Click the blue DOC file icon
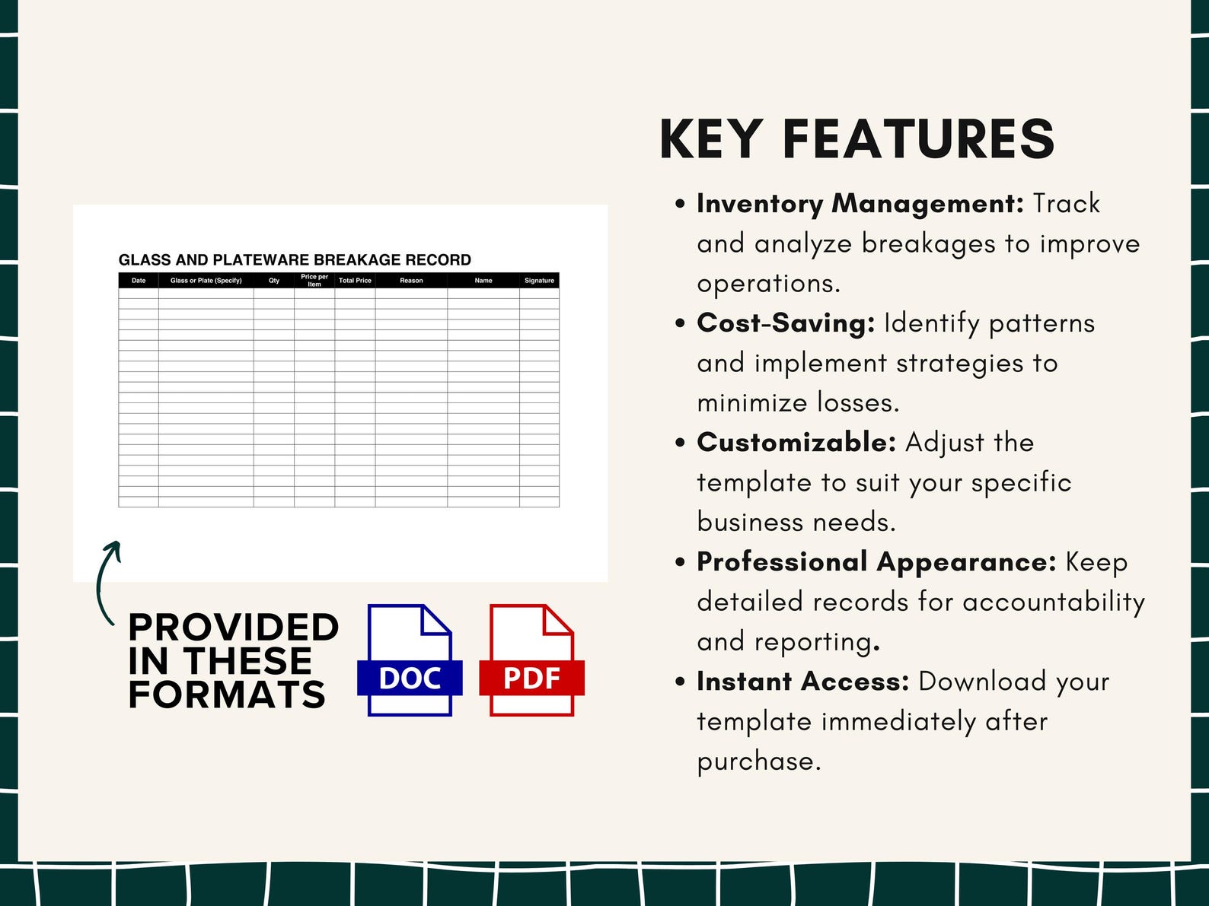410,660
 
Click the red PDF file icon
531,660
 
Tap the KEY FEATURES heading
857,139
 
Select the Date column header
139,281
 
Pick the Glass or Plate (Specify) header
206,281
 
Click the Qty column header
274,281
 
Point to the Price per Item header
314,281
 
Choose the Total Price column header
355,281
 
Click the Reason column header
411,281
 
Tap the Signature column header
539,281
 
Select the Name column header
483,281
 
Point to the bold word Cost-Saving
786,323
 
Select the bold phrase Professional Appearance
876,562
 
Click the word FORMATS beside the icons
227,695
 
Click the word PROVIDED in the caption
233,628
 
